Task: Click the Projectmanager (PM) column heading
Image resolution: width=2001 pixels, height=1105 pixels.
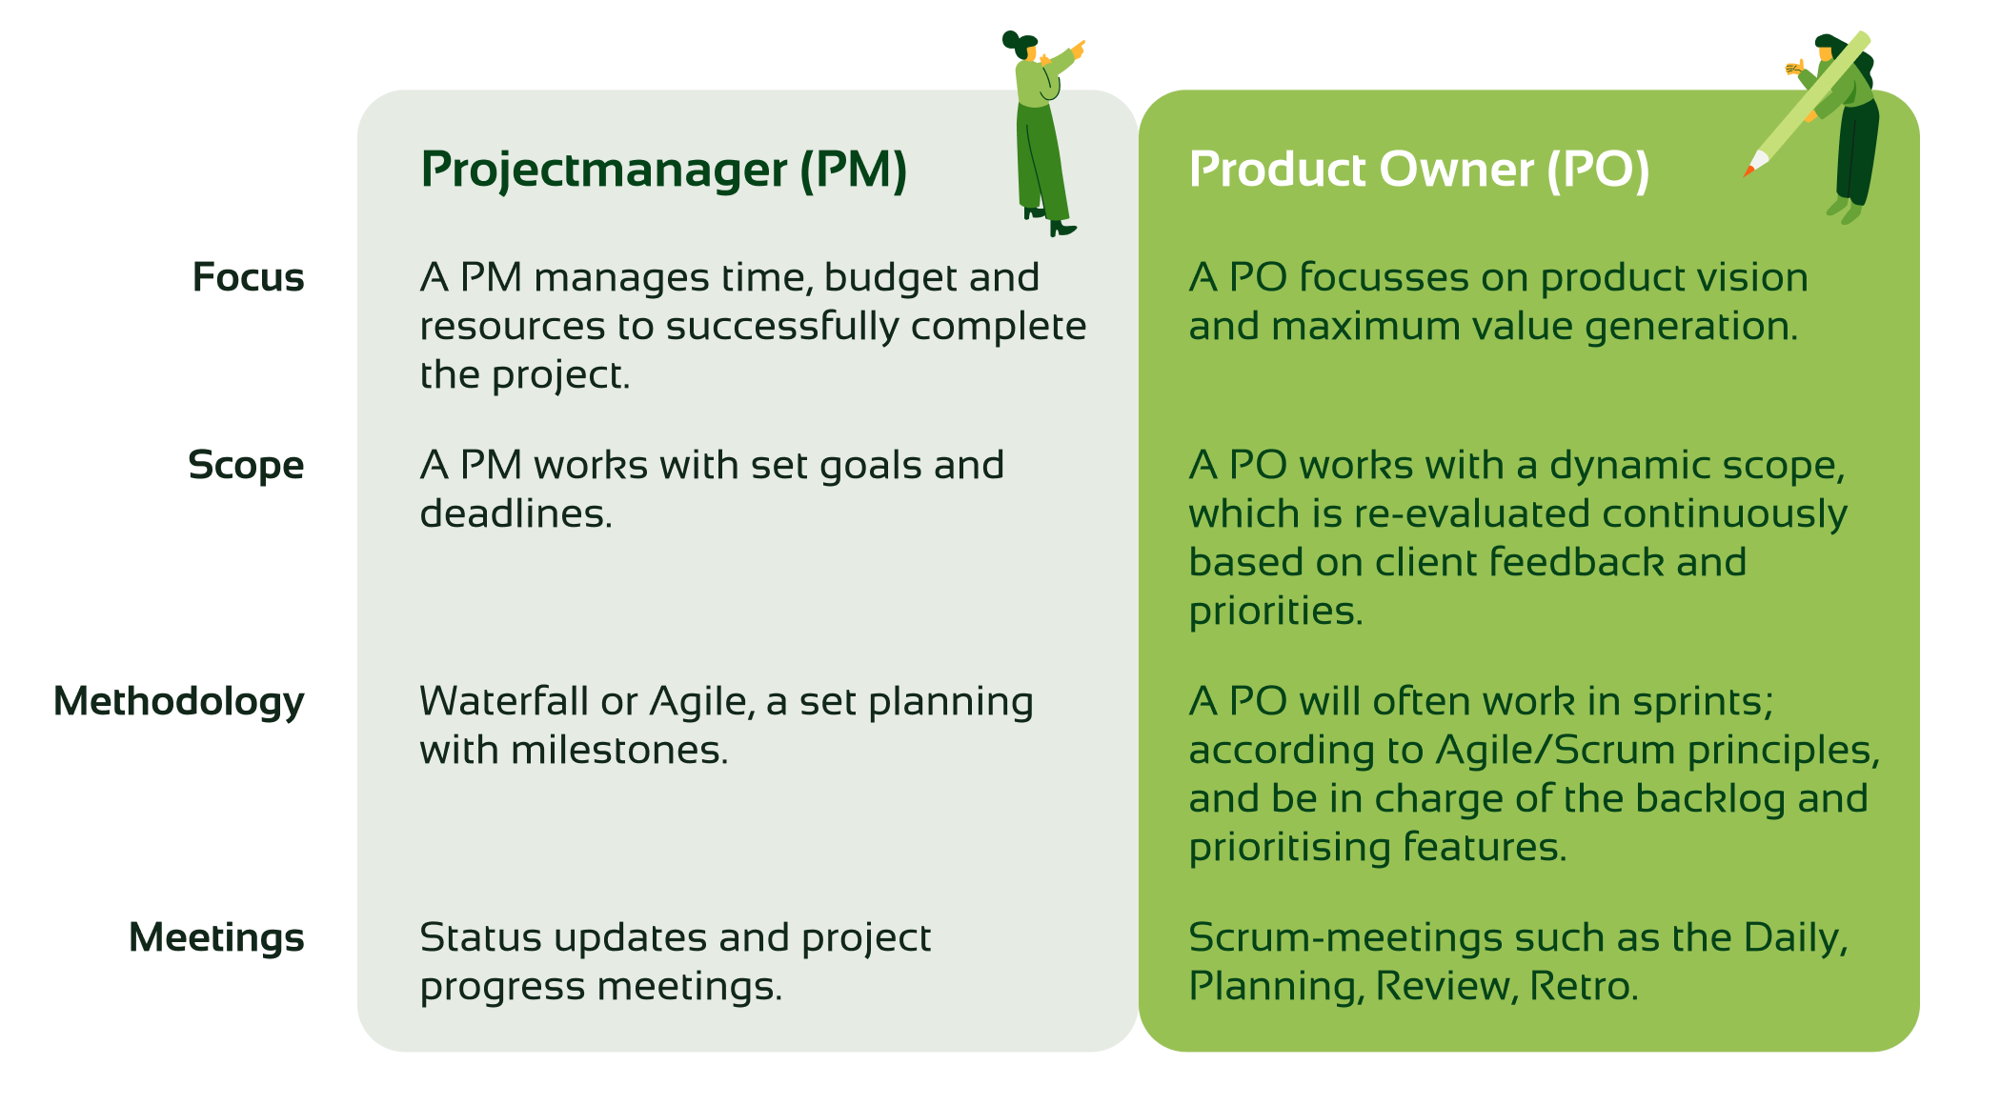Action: tap(664, 171)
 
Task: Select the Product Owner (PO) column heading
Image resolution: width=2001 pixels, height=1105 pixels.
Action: tap(1419, 171)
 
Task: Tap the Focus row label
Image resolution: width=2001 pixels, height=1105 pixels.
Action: tap(248, 277)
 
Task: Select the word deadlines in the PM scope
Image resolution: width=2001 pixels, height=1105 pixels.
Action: tap(515, 513)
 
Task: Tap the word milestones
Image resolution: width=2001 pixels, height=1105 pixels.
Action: tap(619, 751)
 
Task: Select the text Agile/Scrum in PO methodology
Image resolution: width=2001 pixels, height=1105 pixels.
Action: tap(1556, 751)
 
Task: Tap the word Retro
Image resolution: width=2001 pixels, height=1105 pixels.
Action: tap(1584, 986)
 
